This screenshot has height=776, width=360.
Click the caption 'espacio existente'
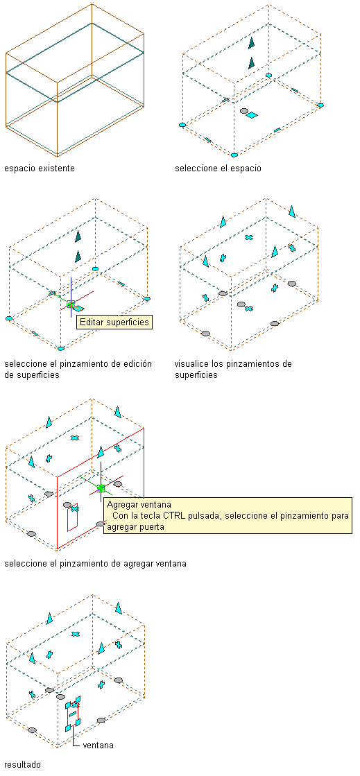tap(40, 169)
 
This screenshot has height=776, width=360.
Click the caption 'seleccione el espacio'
tap(218, 169)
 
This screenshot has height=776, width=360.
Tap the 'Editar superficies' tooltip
tap(114, 322)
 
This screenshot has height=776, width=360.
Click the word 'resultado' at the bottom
tap(22, 765)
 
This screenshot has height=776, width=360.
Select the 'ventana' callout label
tap(98, 745)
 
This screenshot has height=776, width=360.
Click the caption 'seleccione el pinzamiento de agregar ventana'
tap(95, 563)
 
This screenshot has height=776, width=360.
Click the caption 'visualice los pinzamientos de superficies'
tap(233, 369)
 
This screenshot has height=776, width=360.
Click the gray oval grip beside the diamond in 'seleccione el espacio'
tap(244, 112)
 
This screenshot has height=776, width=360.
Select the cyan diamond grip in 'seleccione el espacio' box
tap(252, 115)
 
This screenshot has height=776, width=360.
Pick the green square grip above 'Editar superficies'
tap(71, 304)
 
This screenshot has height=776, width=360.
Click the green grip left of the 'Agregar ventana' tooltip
tap(101, 488)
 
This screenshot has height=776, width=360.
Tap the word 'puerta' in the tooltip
tap(151, 526)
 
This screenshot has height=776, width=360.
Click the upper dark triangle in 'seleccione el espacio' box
tap(252, 43)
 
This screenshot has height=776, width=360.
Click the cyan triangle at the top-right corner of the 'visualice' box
tap(292, 212)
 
